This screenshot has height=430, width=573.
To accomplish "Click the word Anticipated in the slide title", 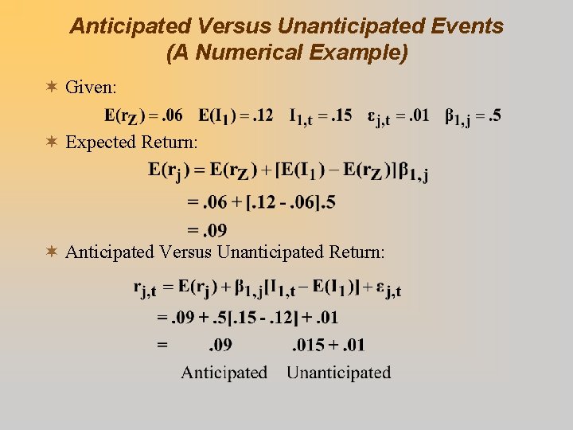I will [x=120, y=26].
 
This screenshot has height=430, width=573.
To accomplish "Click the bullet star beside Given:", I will [x=52, y=85].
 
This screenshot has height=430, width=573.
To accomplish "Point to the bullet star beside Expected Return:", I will [x=52, y=143].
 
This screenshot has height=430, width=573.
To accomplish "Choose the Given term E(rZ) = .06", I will [x=143, y=116].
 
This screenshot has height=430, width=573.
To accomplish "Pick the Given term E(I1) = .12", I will [x=236, y=116].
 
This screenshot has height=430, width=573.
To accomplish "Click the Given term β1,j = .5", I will [x=473, y=116].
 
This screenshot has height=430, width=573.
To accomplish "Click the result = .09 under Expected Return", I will [x=207, y=230].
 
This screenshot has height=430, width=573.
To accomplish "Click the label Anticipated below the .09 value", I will [x=224, y=372].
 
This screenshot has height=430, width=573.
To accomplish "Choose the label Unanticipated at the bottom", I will [x=338, y=372].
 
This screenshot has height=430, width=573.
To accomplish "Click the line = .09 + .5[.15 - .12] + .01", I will [x=248, y=318].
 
